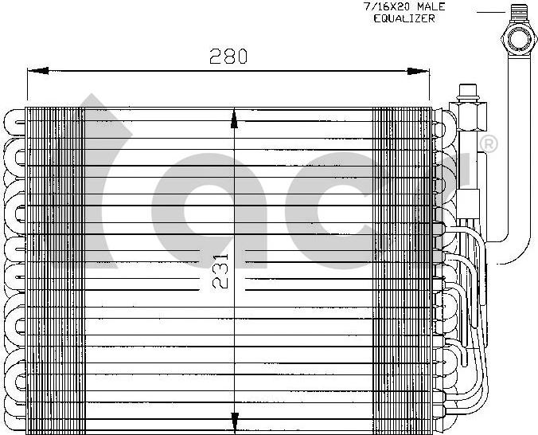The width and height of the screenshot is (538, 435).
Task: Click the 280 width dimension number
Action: tap(228, 57)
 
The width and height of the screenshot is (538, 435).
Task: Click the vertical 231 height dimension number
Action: tap(220, 271)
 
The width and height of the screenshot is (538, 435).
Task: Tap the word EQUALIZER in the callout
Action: tap(404, 18)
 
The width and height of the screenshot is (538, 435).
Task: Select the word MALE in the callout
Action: tap(431, 6)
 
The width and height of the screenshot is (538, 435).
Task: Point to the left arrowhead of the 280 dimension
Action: tap(37, 71)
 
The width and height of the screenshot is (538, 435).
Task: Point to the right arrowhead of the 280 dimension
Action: tap(419, 71)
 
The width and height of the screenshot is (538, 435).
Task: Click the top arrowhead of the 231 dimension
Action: tap(234, 119)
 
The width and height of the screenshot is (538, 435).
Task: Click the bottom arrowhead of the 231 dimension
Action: tap(234, 422)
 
